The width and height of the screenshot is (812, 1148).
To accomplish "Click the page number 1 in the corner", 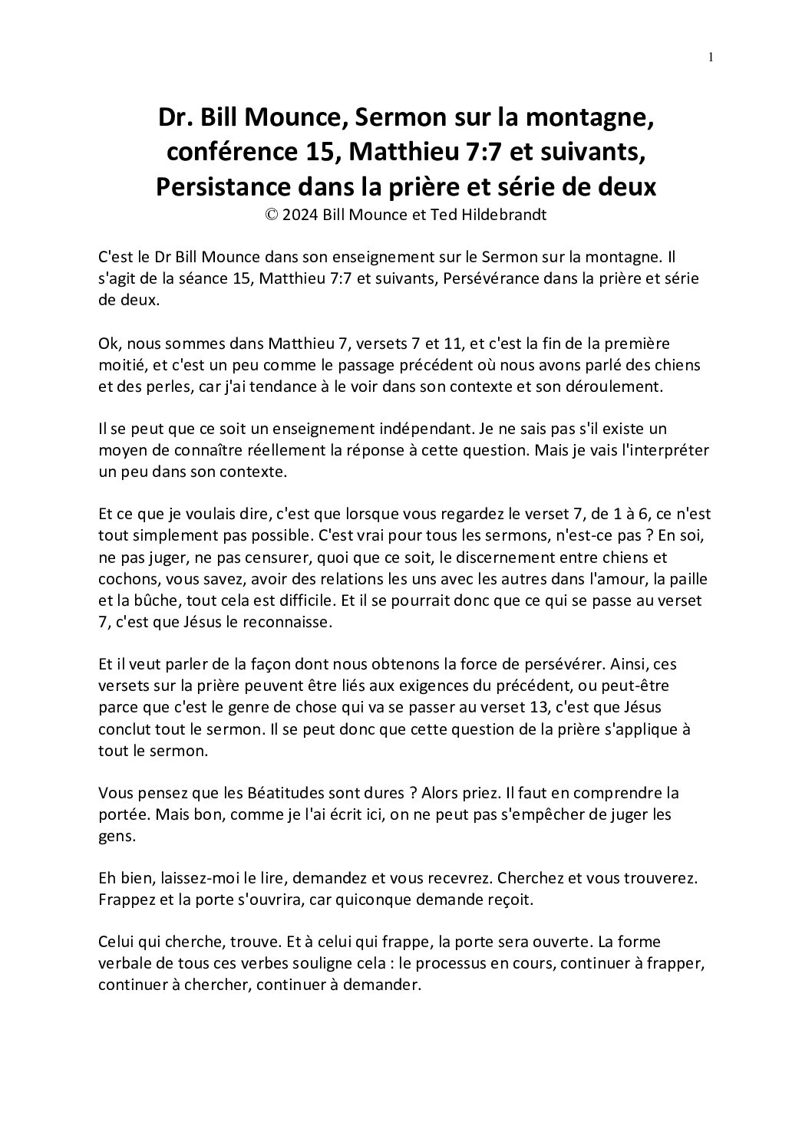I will point(711,56).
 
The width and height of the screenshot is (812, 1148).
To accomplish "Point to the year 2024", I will point(300,215).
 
